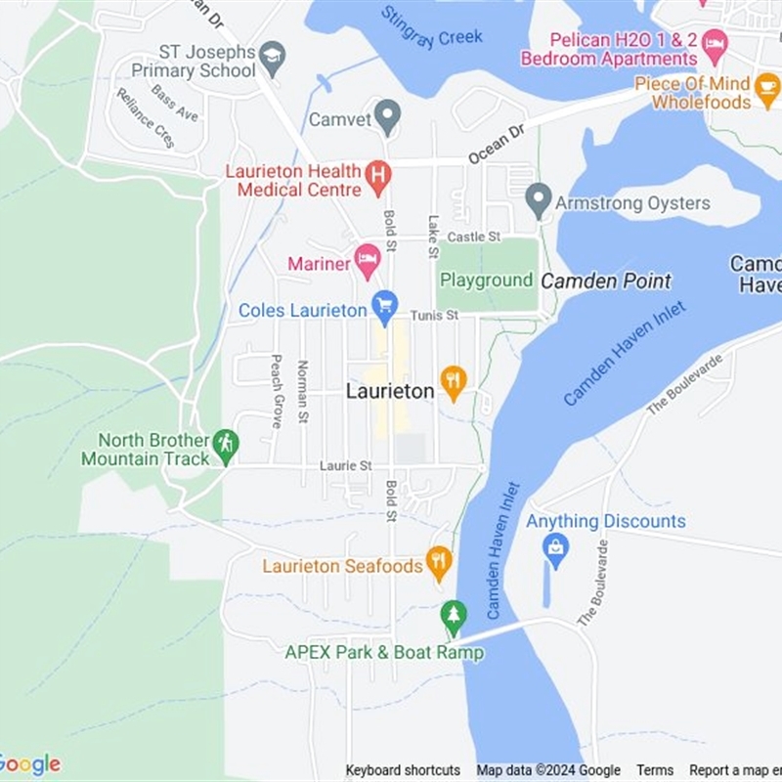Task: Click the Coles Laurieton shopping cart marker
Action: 385,306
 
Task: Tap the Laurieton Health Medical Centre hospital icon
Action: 377,177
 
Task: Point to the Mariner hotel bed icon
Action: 367,259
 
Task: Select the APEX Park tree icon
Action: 453,615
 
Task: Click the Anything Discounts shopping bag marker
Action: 555,550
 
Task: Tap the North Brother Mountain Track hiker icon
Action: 226,444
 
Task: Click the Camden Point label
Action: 606,282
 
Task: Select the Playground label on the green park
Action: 486,281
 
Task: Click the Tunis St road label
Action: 434,315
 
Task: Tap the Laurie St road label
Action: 346,466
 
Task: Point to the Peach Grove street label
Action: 277,391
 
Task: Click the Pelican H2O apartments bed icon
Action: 716,42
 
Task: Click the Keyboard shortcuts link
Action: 403,770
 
